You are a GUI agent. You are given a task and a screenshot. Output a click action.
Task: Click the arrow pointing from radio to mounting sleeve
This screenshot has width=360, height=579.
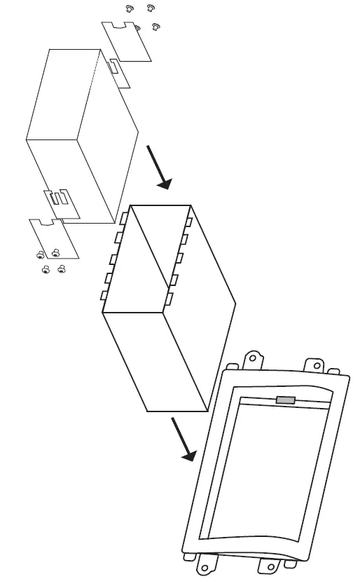point(159,168)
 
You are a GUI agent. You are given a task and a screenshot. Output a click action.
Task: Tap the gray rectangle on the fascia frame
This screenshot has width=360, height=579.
point(286,400)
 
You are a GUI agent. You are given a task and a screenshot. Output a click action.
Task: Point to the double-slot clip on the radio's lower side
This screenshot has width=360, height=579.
point(60,198)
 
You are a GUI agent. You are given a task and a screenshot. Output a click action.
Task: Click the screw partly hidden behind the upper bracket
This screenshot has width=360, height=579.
point(137,28)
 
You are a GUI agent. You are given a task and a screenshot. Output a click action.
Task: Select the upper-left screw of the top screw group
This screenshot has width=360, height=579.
point(129,8)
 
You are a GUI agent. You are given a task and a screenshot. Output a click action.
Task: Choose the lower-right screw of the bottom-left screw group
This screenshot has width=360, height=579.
point(61,268)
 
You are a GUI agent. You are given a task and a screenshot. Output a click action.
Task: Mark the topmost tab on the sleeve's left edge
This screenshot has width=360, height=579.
point(123,218)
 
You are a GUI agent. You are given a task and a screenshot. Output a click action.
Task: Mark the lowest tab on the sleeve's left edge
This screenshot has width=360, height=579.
point(104,295)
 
